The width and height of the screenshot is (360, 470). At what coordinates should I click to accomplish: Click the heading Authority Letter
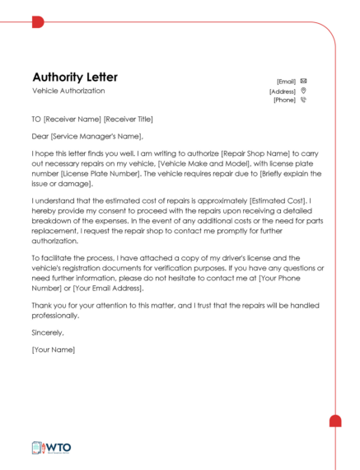click(75, 77)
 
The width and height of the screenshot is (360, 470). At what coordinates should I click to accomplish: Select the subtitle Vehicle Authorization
click(68, 91)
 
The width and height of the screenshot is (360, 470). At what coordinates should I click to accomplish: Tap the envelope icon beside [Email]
click(303, 81)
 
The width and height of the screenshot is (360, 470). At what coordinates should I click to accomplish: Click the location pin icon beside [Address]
click(303, 91)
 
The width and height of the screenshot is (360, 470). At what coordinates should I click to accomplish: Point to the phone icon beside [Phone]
click(303, 101)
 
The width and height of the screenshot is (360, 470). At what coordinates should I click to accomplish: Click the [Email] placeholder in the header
click(286, 82)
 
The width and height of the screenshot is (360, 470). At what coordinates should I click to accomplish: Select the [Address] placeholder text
click(283, 92)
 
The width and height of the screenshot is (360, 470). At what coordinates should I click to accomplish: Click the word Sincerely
click(48, 332)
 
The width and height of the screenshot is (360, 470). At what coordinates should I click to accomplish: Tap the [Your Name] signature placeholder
click(54, 350)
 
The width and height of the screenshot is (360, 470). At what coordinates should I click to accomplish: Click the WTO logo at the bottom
click(51, 448)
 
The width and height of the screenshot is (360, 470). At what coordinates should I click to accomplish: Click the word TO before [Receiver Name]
click(36, 120)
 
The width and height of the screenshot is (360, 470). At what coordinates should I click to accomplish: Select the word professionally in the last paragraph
click(57, 315)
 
